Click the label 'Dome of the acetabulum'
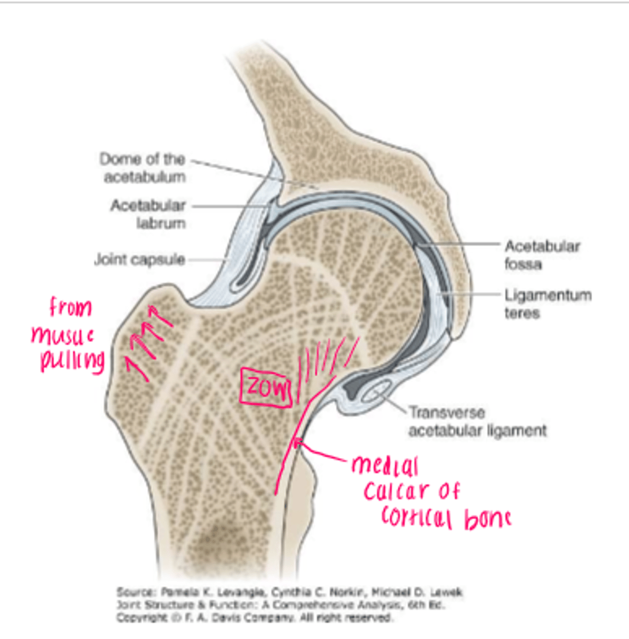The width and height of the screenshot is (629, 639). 142,167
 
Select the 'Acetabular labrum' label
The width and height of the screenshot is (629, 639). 148,214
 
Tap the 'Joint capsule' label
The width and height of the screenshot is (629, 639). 140,260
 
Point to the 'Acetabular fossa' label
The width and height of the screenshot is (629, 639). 541,255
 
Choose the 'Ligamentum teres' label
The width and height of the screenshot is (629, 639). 548,304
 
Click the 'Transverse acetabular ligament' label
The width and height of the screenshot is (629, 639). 477,421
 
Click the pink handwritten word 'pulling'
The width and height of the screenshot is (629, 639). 72,362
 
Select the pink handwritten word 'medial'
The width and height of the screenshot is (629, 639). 385,466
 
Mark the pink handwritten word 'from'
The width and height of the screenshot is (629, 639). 70,307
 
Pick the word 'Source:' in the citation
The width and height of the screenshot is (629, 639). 135,592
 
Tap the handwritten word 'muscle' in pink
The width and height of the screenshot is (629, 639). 63,335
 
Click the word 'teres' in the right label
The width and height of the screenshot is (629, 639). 522,313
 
